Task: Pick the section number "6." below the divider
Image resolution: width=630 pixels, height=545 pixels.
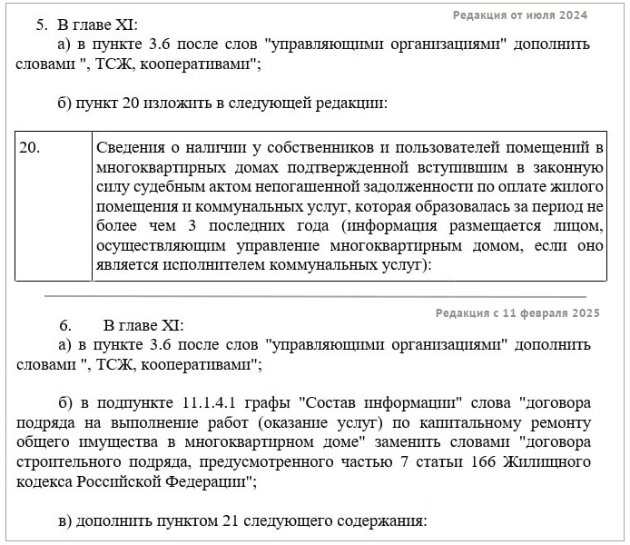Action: point(65,325)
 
